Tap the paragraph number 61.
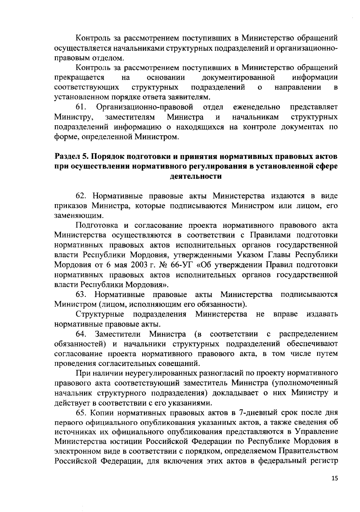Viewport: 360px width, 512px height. pos(81,107)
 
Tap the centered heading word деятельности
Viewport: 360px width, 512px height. pos(196,176)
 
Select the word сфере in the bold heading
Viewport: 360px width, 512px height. pos(325,166)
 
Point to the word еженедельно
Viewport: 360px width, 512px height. pos(256,107)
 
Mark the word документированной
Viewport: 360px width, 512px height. pos(238,78)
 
